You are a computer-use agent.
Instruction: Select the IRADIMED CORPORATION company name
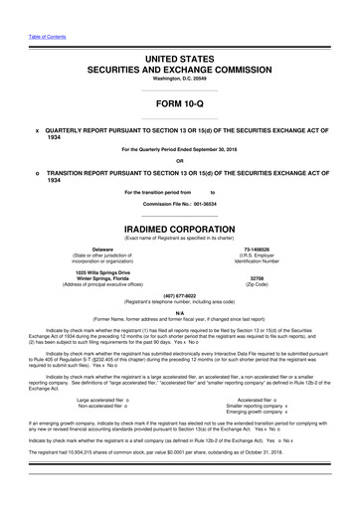tap(179, 227)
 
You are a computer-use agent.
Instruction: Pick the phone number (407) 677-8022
tap(179, 295)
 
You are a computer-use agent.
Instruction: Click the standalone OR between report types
tap(179, 163)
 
